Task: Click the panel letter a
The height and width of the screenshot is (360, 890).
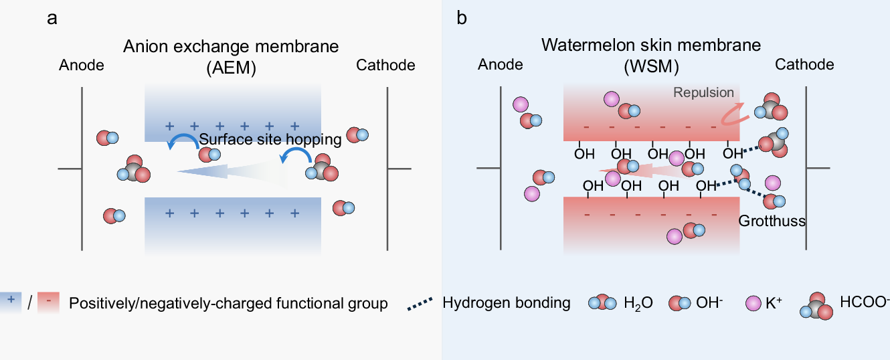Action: click(x=52, y=19)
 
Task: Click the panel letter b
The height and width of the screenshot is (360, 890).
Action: click(x=462, y=19)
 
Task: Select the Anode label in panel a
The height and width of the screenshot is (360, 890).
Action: click(x=82, y=65)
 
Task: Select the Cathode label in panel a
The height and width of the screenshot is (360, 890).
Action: click(x=385, y=65)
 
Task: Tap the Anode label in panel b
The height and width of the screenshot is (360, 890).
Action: click(x=501, y=64)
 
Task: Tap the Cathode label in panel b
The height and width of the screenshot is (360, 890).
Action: click(x=804, y=64)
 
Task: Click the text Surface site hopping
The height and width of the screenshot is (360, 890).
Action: click(x=270, y=139)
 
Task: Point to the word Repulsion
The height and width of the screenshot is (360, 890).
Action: click(x=703, y=93)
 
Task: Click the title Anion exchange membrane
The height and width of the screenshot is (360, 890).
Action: click(x=230, y=47)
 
